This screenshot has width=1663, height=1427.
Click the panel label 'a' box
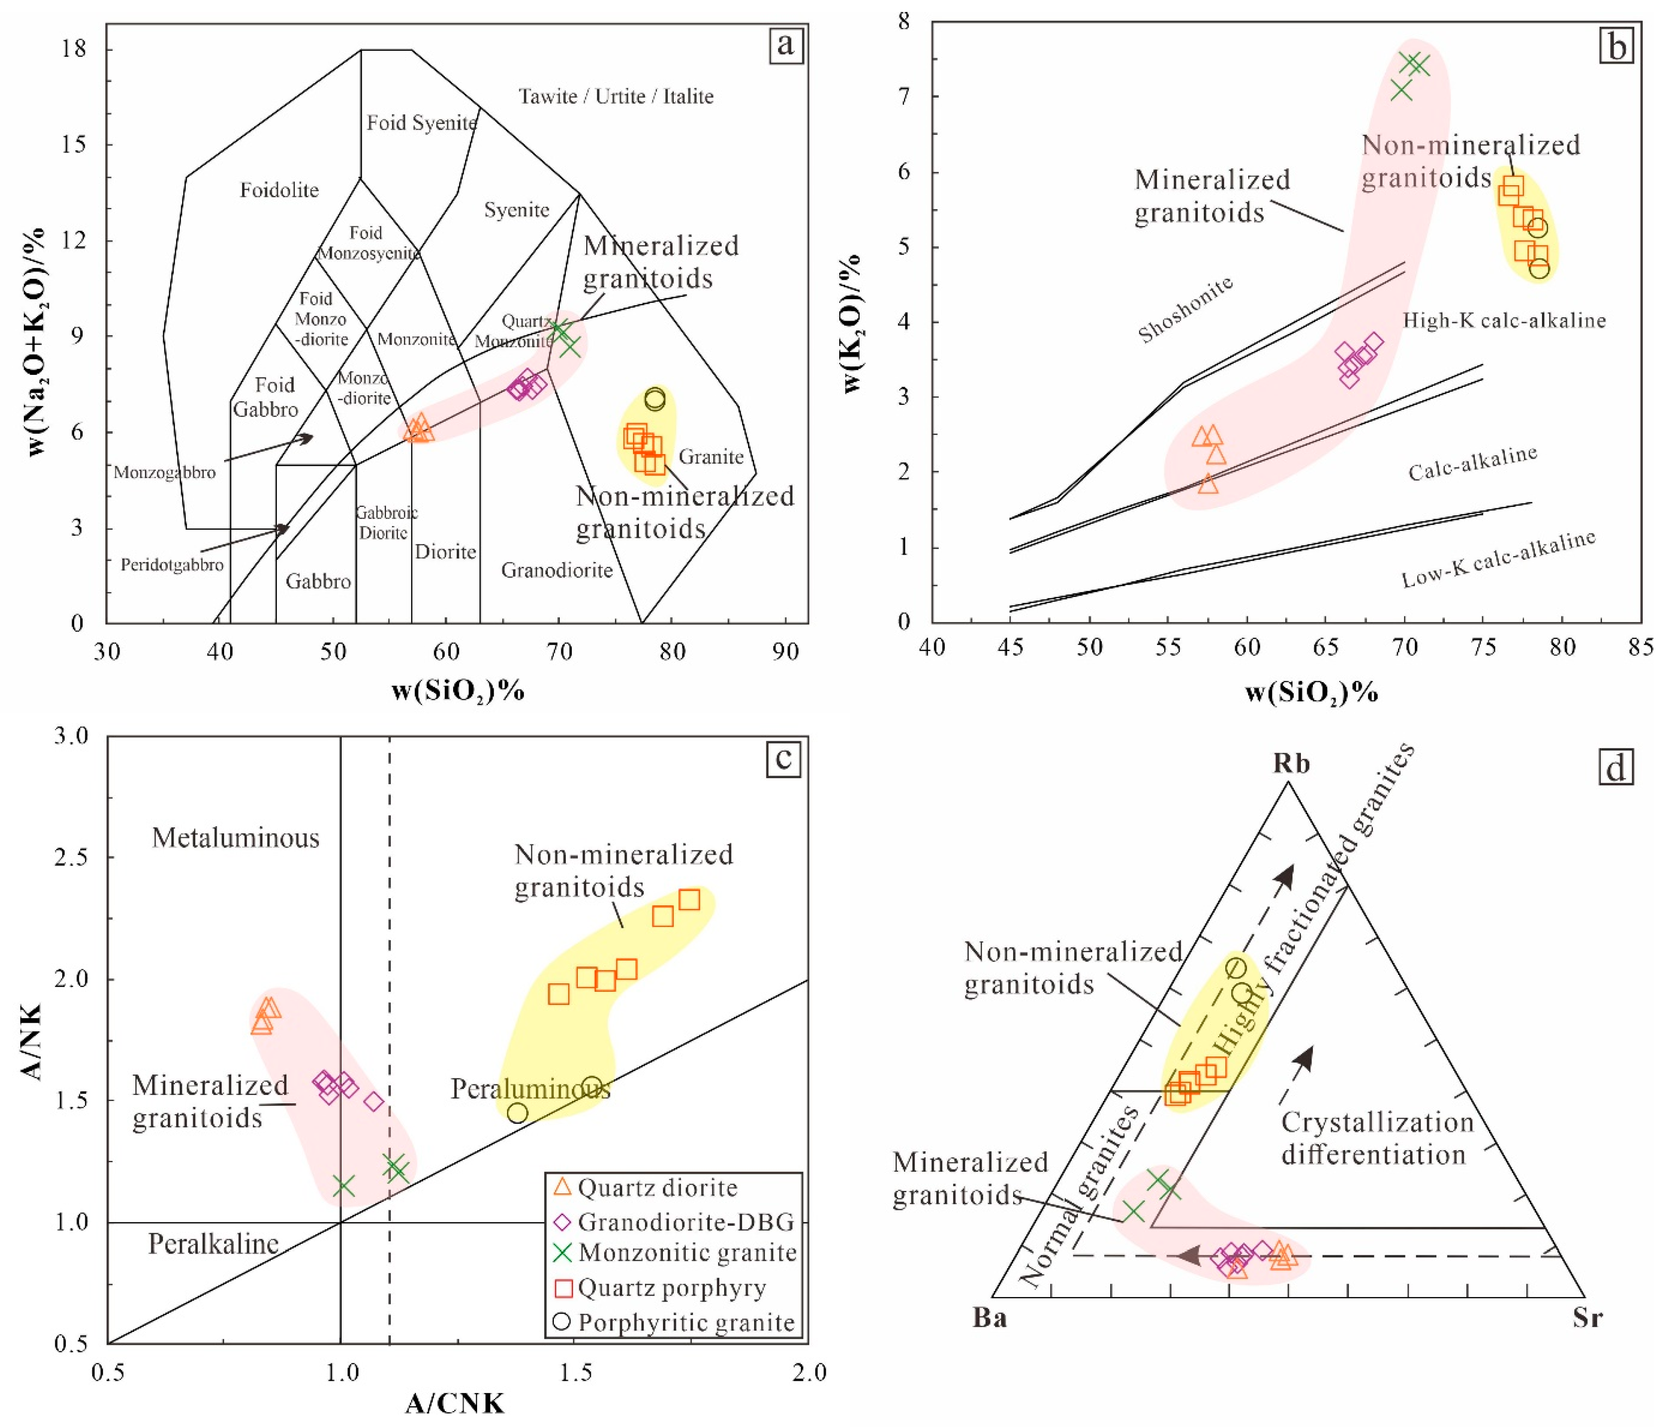pos(785,45)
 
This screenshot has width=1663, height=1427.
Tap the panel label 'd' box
pos(1615,768)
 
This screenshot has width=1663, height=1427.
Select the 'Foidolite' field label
pos(279,190)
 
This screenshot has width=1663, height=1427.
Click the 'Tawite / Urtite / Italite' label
pos(616,96)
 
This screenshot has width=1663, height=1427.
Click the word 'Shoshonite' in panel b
pos(1185,309)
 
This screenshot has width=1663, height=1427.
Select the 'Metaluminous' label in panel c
pos(235,838)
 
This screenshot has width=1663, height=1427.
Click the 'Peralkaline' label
pos(214,1244)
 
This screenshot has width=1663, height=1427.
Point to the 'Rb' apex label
pos(1291,763)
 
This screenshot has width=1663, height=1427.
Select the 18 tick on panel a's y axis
pos(73,50)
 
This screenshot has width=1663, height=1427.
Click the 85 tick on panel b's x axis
pos(1641,646)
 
